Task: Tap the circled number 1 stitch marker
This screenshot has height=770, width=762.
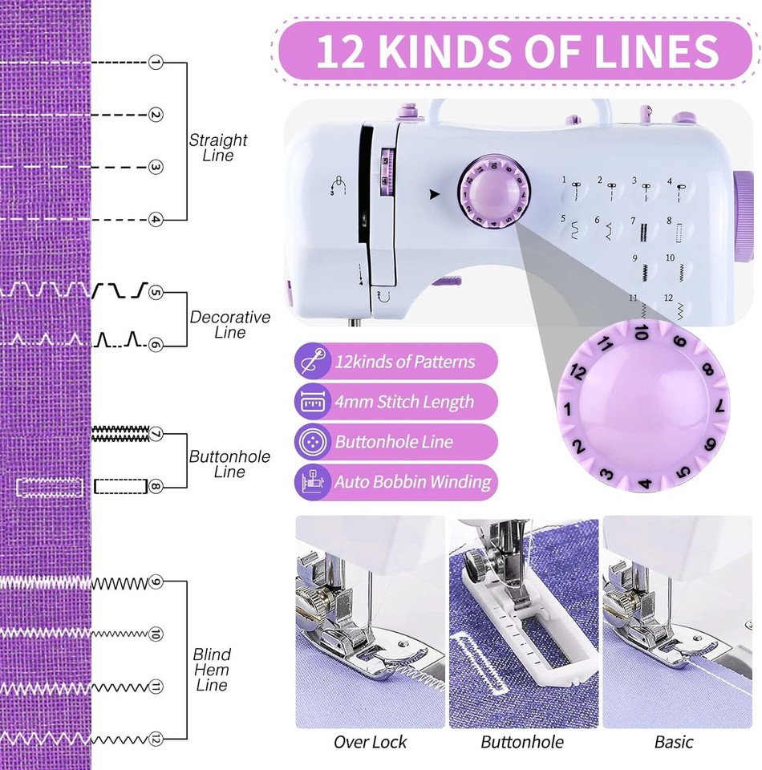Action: (x=156, y=62)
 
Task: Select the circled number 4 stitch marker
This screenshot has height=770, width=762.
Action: (x=156, y=219)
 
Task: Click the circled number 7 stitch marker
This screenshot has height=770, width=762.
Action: (x=156, y=434)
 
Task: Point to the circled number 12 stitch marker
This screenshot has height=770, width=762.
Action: (x=156, y=739)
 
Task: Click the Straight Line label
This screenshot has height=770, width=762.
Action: (x=218, y=148)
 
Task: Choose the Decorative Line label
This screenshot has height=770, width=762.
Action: (x=229, y=325)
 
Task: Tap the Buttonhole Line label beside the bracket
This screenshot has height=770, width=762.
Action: (x=229, y=464)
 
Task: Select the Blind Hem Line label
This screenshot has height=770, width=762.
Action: (x=211, y=670)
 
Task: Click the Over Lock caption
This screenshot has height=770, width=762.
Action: (x=370, y=742)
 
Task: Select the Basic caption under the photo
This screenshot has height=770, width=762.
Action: (x=674, y=742)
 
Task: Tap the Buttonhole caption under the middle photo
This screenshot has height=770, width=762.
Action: (x=522, y=742)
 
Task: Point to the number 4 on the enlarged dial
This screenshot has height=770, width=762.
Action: (x=644, y=484)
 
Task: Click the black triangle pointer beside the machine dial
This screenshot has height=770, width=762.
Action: (x=435, y=193)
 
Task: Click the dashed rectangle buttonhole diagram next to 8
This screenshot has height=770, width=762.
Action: (x=120, y=486)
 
